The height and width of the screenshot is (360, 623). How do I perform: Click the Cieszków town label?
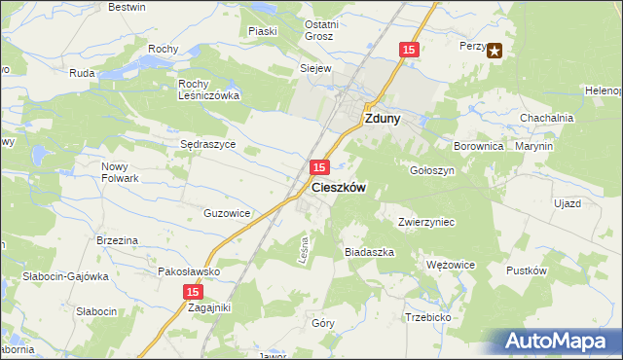339,189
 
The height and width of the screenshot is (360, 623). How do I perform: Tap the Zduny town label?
385,120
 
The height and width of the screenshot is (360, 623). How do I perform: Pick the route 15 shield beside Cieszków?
318,169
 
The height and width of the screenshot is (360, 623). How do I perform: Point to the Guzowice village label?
228,213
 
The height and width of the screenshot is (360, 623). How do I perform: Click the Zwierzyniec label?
426,222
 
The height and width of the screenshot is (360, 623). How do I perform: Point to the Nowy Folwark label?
122,172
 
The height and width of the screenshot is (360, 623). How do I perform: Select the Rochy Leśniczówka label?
208,90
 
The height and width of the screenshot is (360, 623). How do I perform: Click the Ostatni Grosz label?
319,30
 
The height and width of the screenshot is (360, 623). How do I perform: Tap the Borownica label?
477,146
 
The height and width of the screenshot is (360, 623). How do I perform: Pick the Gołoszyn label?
432,169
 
